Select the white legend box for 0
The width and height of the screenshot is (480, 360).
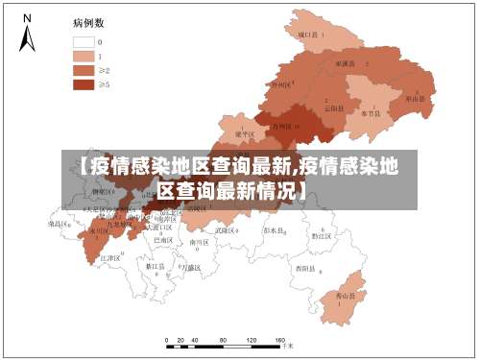[84, 41]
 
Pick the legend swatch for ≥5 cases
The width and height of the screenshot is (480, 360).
[84, 84]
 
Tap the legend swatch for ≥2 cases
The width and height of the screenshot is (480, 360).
[84, 70]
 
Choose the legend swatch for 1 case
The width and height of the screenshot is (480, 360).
[84, 56]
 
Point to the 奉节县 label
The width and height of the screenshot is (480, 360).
[370, 112]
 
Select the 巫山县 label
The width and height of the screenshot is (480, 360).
[415, 98]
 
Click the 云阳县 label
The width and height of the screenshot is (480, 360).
[334, 108]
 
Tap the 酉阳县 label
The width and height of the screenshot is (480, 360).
[305, 268]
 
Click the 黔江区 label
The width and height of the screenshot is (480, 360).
[321, 234]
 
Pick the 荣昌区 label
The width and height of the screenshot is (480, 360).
[60, 224]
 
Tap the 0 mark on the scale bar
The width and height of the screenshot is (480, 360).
[167, 341]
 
